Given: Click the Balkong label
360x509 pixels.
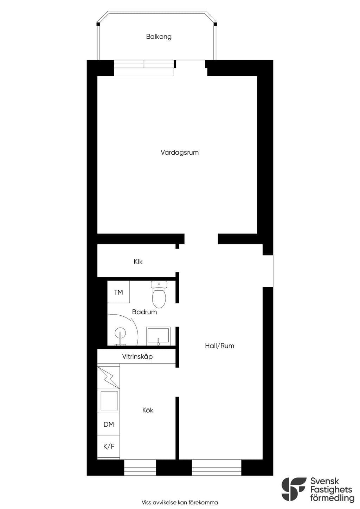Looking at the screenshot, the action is click(159, 37).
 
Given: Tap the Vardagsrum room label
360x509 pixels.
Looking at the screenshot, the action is click(180, 152).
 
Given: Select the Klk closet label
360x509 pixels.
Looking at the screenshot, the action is click(138, 262).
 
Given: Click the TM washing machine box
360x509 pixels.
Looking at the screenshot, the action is click(118, 292).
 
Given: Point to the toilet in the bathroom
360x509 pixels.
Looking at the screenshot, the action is click(159, 294).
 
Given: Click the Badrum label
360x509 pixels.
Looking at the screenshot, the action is click(144, 312).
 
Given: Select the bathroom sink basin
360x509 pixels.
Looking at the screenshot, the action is click(158, 336).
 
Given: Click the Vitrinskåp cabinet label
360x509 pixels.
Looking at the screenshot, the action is click(137, 357).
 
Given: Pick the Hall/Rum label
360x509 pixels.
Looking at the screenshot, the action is click(219, 346).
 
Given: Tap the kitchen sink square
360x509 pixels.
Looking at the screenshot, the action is click(109, 401).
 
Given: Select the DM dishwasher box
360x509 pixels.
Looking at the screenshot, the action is click(109, 424).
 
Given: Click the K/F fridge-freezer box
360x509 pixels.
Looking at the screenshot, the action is click(109, 446).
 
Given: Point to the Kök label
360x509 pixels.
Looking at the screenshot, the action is click(148, 410).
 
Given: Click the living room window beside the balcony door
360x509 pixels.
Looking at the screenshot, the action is click(144, 68).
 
